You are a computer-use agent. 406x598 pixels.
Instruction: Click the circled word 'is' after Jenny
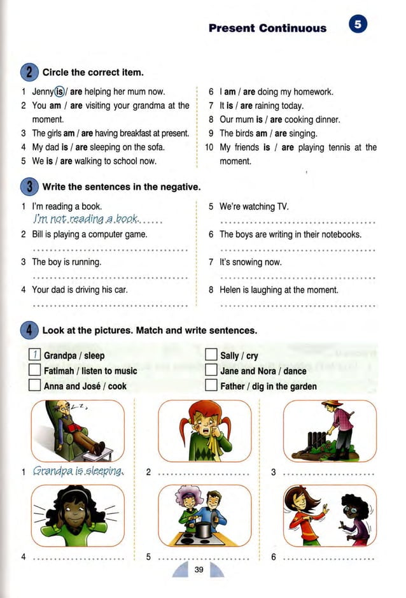62,92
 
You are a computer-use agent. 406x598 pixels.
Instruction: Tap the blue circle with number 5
358,25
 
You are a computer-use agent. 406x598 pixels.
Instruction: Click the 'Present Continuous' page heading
267,28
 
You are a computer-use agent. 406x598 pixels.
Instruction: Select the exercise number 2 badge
29,72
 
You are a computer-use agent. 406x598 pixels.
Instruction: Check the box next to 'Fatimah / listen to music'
36,371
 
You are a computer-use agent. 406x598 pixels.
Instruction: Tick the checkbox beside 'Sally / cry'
212,356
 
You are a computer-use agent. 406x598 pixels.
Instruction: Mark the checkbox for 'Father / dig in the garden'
212,385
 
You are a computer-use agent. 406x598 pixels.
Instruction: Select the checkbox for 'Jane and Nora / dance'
212,371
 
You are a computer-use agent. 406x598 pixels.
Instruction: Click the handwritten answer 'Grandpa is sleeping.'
78,472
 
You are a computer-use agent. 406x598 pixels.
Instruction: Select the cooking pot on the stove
203,530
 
